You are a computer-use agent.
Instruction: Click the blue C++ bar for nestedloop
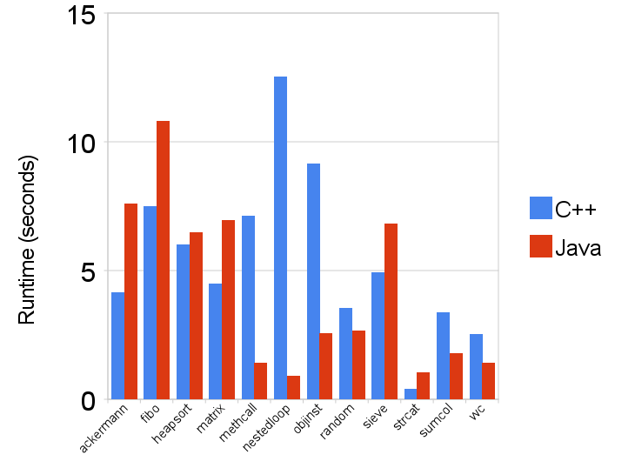pos(281,238)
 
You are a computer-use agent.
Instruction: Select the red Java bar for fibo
pos(163,261)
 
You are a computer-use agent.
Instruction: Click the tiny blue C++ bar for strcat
pos(411,395)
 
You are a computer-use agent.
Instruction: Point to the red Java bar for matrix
pos(228,310)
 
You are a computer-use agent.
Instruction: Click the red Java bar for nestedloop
pos(293,388)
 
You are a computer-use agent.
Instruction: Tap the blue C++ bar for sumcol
pos(443,356)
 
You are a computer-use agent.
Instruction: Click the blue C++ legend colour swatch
pos(539,208)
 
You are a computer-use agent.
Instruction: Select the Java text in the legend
pos(578,248)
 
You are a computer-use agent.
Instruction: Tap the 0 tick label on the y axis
pos(88,401)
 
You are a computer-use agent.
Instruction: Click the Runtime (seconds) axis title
pos(27,241)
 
